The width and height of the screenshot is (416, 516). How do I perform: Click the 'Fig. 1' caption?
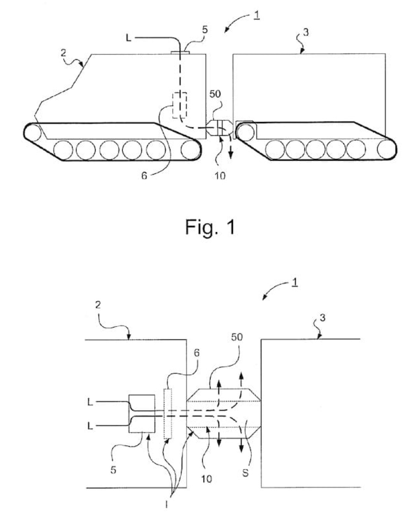pyautogui.click(x=210, y=227)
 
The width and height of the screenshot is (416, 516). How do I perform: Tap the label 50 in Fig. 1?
pyautogui.click(x=215, y=94)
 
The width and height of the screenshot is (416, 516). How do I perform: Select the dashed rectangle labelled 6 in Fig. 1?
pyautogui.click(x=180, y=106)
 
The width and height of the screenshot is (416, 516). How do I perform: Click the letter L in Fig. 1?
pyautogui.click(x=129, y=38)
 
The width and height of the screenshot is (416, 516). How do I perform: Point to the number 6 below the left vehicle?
pyautogui.click(x=144, y=176)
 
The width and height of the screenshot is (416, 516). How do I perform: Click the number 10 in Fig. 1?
pyautogui.click(x=220, y=176)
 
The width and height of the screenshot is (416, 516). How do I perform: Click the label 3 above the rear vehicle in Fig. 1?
pyautogui.click(x=306, y=32)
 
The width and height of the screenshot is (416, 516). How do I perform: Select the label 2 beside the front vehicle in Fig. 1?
pyautogui.click(x=63, y=53)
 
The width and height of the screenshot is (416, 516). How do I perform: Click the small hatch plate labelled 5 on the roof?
pyautogui.click(x=180, y=52)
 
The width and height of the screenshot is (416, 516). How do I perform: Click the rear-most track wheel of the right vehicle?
pyautogui.click(x=386, y=149)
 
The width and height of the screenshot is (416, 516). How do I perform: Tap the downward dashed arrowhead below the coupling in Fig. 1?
pyautogui.click(x=231, y=156)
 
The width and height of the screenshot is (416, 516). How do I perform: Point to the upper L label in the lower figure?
pyautogui.click(x=90, y=403)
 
